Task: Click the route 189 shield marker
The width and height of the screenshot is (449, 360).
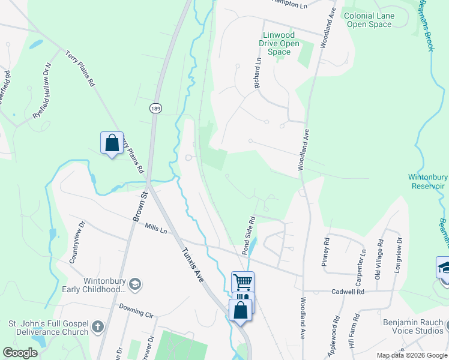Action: [x=155, y=108]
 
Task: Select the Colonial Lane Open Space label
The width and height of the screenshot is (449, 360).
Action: [x=369, y=20]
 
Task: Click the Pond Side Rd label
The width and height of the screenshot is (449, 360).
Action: [x=249, y=235]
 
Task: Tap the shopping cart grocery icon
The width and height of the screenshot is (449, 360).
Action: [x=243, y=281]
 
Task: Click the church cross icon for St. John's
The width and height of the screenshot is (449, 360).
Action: [x=98, y=328]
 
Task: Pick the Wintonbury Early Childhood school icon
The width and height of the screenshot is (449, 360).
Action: [x=136, y=284]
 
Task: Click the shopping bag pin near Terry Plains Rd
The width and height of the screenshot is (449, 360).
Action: [x=112, y=143]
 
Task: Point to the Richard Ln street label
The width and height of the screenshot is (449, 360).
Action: [x=258, y=73]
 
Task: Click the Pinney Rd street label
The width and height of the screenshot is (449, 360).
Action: [x=326, y=248]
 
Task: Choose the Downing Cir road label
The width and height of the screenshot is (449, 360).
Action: [x=136, y=310]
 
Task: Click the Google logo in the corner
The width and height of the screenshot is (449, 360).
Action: [x=20, y=353]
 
